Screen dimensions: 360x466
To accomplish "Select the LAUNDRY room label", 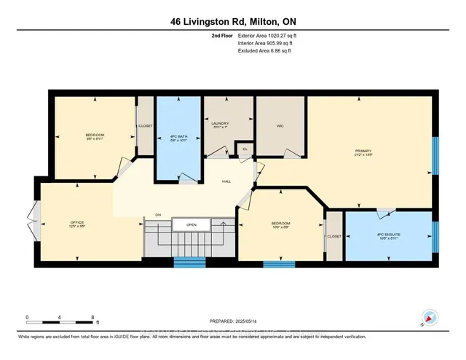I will coord(220,124).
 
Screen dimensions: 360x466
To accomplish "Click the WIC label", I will coord(280,126).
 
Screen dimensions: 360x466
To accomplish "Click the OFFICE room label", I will coord(78,222).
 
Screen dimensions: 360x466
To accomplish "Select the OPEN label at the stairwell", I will coord(191,225).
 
